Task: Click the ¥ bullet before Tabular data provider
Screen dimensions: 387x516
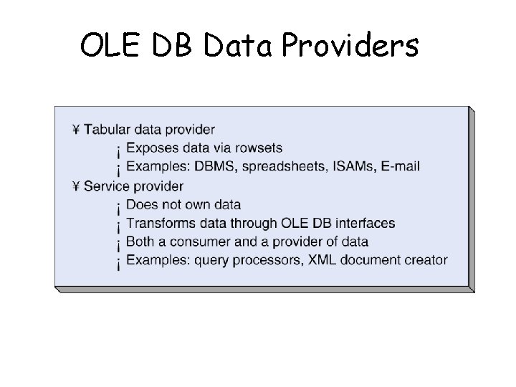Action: [76, 130]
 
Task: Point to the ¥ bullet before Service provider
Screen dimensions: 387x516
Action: [76, 186]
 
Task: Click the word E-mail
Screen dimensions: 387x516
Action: [398, 167]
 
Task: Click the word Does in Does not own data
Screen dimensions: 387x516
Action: [140, 205]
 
